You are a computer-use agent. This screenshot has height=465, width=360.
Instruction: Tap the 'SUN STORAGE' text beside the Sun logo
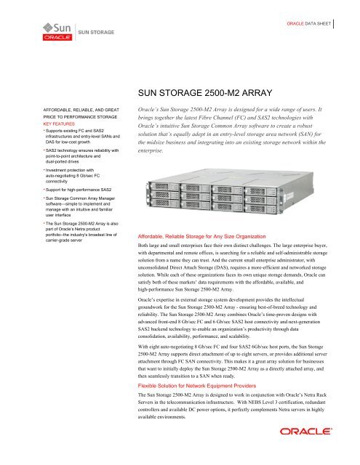(94, 33)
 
